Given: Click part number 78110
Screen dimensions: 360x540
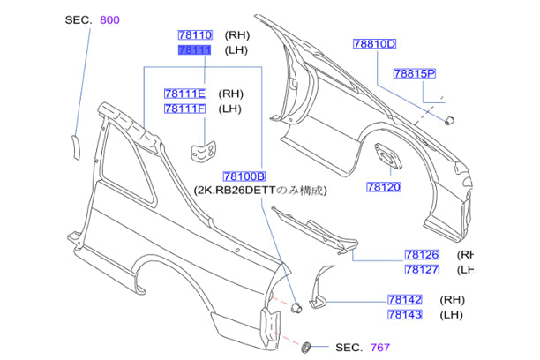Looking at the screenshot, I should click(195, 35).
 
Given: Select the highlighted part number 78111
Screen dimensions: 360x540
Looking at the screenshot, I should click(195, 51).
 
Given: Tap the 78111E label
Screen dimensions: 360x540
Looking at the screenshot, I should click(184, 94).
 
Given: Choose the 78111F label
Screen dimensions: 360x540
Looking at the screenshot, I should click(184, 109).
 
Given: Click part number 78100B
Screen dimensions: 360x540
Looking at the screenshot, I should click(244, 176).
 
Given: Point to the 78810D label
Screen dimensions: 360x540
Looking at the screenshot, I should click(375, 43).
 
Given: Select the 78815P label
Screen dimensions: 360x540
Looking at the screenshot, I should click(416, 75).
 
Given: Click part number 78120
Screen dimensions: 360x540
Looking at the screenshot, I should click(385, 186).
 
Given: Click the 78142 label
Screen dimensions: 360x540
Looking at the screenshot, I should click(406, 299).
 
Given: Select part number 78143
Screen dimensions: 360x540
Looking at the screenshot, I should click(406, 314).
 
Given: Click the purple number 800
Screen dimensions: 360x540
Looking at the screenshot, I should click(111, 19).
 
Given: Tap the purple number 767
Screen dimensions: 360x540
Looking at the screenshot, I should click(379, 349).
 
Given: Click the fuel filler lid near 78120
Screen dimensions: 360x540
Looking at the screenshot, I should click(388, 157).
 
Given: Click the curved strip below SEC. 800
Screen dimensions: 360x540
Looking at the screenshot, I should click(75, 145).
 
